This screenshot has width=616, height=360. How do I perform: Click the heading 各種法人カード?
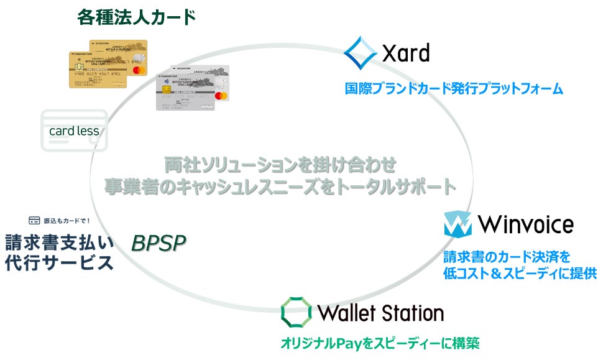coord(136,17)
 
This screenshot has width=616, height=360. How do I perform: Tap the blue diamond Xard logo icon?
coord(360,52)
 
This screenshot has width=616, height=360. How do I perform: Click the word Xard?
coord(406,53)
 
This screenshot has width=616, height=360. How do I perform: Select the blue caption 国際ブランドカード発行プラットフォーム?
coord(454,89)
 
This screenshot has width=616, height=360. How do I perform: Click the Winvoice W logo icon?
coord(457,224)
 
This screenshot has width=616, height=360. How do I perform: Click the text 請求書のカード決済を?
coord(507,256)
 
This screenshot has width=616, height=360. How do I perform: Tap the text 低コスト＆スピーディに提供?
coord(520,273)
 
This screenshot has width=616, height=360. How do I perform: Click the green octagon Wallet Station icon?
coord(295,312)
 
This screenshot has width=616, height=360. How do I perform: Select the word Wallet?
coord(346,312)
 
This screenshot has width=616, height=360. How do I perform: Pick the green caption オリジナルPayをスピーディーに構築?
coord(380,343)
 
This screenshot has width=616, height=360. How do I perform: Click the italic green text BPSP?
coord(159,243)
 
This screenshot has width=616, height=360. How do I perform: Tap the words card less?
coord(74,131)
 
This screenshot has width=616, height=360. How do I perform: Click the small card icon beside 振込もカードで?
coord(35,220)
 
